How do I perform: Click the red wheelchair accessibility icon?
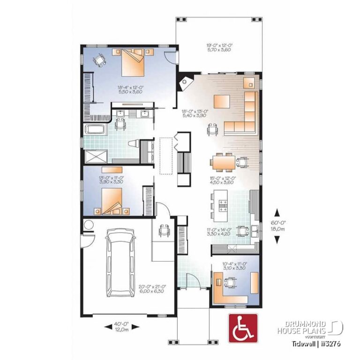tap(242, 327)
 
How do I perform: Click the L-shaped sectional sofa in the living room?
tap(245, 115)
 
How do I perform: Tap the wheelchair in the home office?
tap(230, 283)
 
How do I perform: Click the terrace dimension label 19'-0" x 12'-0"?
tap(219, 48)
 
